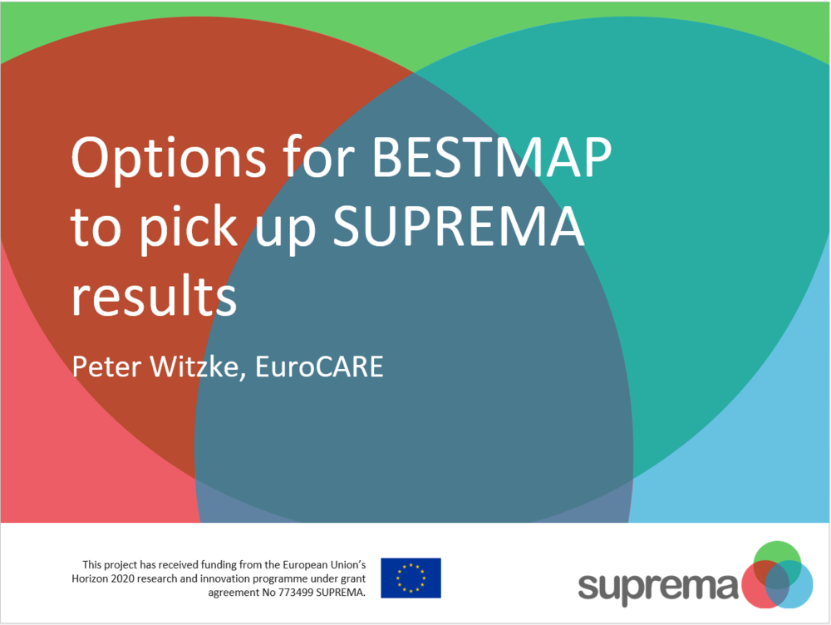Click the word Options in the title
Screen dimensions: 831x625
click(169, 159)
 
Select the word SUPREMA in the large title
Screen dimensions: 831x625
click(458, 226)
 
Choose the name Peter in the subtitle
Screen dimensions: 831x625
click(107, 367)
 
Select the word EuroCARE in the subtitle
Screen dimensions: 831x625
click(319, 367)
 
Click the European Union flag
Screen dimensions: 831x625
click(411, 578)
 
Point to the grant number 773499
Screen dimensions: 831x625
click(297, 592)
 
